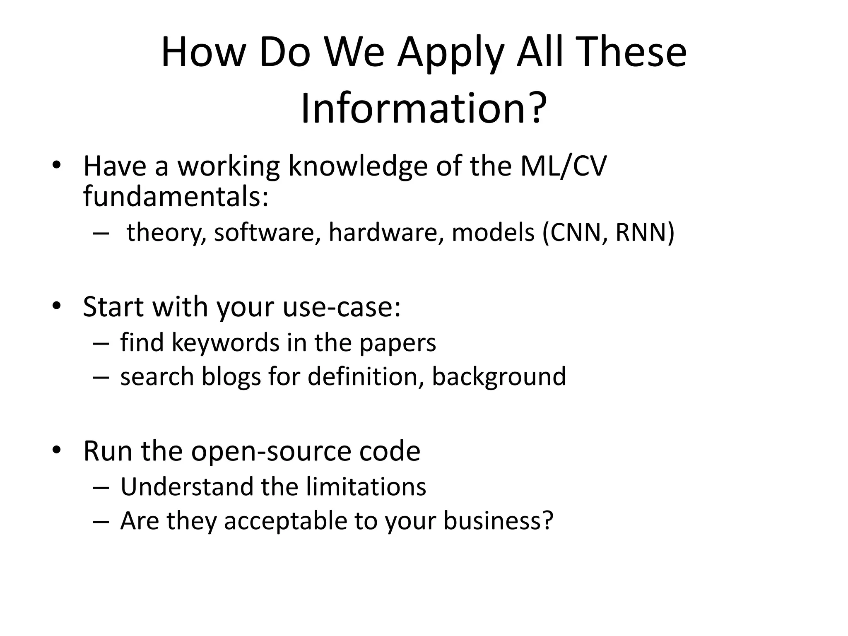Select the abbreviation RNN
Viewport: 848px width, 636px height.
(x=640, y=232)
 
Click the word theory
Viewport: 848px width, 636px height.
(x=166, y=233)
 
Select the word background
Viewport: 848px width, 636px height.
(x=499, y=377)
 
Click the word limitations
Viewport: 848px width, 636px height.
(x=366, y=487)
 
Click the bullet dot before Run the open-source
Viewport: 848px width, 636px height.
(x=57, y=450)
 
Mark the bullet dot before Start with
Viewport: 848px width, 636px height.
(x=57, y=306)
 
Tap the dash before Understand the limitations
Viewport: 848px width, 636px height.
(x=101, y=487)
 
